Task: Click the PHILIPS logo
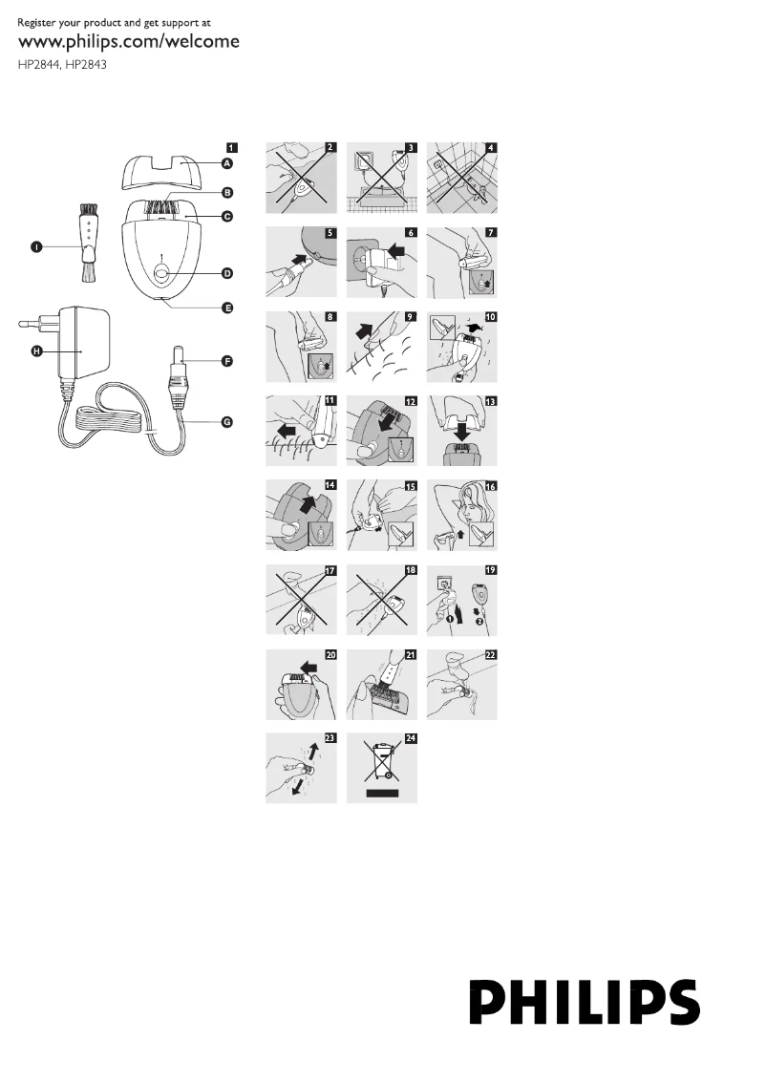[585, 1000]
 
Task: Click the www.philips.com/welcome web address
[129, 42]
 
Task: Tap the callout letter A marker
[228, 164]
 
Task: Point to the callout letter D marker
[228, 273]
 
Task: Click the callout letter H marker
[37, 351]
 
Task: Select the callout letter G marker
[228, 422]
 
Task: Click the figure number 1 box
[232, 148]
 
